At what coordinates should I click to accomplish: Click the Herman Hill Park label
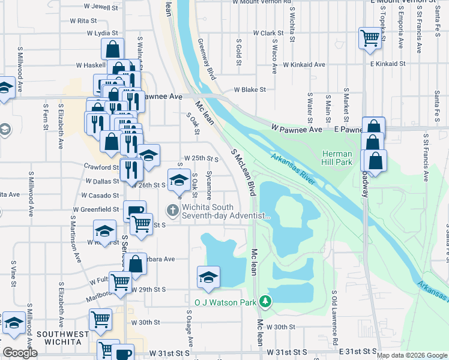337,158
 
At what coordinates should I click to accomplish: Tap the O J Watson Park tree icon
264,301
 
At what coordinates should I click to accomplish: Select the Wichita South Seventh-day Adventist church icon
172,209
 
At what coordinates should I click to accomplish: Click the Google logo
20,353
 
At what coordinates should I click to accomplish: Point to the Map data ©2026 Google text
412,355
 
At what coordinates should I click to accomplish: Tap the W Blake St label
250,89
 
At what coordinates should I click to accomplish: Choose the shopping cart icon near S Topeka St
370,38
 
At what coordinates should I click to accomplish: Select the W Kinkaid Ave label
304,64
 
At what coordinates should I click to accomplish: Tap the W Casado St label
100,196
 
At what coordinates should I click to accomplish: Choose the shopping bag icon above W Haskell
112,48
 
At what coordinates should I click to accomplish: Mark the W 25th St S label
201,158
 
